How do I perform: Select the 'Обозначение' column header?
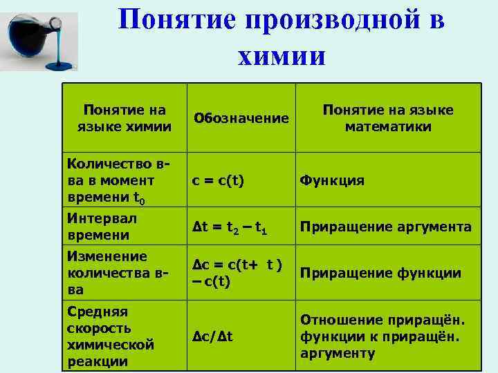click(241, 119)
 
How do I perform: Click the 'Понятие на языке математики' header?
click(388, 118)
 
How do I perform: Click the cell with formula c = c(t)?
click(220, 180)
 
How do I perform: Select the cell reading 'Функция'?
click(331, 180)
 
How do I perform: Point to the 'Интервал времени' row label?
click(102, 226)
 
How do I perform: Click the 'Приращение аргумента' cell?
click(385, 227)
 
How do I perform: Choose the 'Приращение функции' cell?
click(380, 273)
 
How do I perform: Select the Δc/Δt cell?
click(213, 336)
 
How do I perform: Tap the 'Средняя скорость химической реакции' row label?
click(111, 336)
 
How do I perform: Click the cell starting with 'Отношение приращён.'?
click(382, 336)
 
